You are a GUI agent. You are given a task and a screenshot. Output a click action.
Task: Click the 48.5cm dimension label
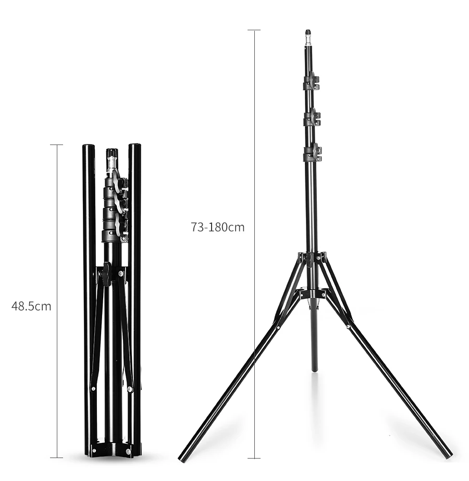tap(31, 306)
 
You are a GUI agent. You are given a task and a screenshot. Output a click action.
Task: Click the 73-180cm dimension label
tap(218, 227)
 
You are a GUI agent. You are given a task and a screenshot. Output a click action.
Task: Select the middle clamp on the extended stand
tap(312, 117)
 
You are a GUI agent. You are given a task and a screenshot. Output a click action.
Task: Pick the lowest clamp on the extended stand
tap(313, 153)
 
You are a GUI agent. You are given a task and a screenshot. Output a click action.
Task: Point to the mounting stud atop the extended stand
tap(308, 38)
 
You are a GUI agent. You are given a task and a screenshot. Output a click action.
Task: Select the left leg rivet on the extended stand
tap(278, 328)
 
